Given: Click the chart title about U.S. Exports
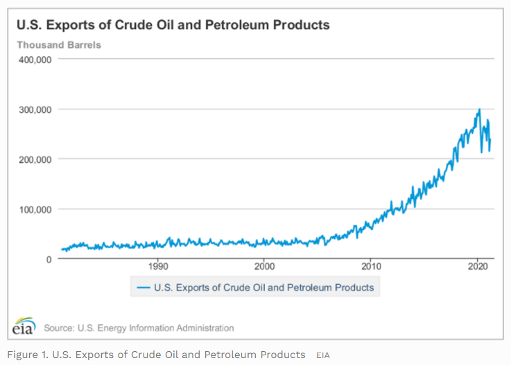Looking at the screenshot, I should (173, 26).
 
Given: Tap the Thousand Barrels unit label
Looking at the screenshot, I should (59, 45).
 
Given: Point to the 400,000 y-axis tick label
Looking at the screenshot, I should (35, 60).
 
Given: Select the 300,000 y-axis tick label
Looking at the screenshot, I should (35, 109).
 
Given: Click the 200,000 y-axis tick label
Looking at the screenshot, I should (35, 159).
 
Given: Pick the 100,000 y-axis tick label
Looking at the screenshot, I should (35, 209).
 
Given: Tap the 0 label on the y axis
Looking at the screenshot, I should (49, 259).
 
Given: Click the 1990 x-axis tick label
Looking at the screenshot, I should (158, 266).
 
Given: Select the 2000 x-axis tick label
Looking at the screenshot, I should (264, 266).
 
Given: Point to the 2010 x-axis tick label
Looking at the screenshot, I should (371, 266).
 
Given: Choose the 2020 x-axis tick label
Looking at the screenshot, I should (478, 266).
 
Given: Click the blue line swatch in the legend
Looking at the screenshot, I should (144, 287).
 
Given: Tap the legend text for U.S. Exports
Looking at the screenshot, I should (264, 287).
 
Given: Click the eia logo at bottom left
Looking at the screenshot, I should (23, 326).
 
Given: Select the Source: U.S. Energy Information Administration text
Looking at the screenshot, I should (139, 328).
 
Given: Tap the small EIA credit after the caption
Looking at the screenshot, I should (323, 355).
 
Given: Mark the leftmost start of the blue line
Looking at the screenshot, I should (61, 249).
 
